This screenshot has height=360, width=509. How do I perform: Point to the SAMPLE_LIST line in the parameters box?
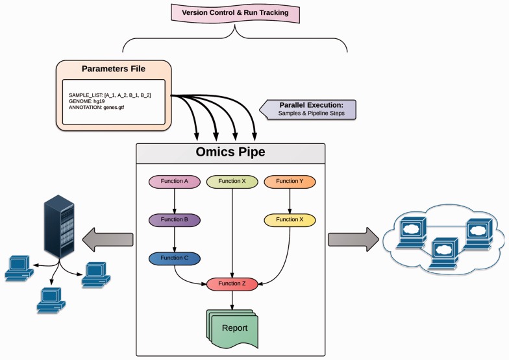110,95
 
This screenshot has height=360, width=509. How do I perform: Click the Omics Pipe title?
230,152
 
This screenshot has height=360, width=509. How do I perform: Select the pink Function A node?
174,182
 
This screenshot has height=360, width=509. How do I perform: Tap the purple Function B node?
174,220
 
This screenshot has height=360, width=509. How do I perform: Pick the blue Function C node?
174,258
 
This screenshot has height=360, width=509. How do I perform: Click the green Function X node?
232,182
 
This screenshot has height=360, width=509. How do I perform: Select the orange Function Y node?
289,182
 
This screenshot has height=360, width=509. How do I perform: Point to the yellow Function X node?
289,220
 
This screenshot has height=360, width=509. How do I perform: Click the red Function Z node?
232,283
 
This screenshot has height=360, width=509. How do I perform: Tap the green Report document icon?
232,328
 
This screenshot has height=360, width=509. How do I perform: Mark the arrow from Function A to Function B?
174,201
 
